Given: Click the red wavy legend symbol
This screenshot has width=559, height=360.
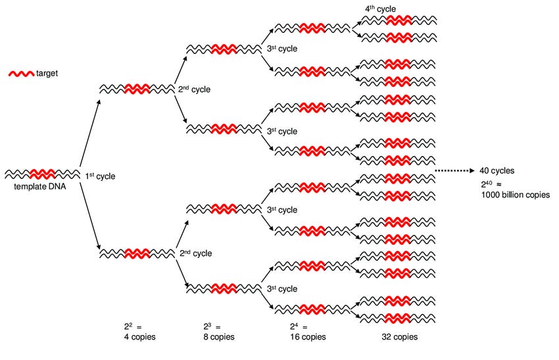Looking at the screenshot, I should [19, 74].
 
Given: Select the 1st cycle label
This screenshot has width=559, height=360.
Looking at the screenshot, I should [100, 176].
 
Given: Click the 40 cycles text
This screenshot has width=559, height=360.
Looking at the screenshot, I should [498, 170].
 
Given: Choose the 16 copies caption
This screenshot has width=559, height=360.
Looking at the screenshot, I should [307, 337].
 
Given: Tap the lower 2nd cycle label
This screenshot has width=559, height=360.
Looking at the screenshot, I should [195, 253].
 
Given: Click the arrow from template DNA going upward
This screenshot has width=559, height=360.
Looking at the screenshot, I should [88, 134].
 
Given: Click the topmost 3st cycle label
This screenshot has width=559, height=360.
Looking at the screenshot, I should [283, 49].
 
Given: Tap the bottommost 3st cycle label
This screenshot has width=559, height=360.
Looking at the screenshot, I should [283, 288].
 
